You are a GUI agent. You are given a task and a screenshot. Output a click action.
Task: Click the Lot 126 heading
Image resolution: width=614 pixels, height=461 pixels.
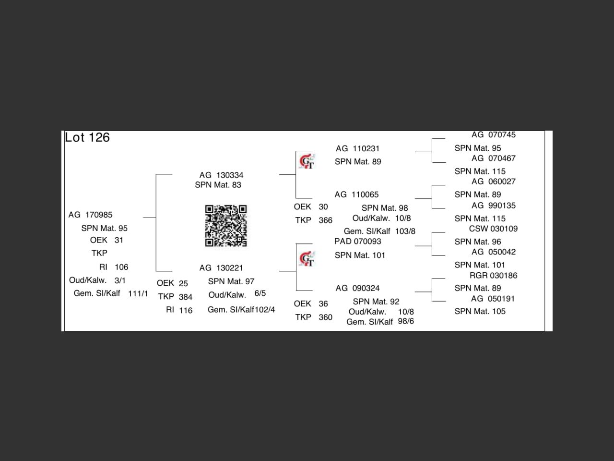pyautogui.click(x=87, y=137)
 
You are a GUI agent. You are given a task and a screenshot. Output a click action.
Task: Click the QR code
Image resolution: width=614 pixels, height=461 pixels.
pyautogui.click(x=226, y=226)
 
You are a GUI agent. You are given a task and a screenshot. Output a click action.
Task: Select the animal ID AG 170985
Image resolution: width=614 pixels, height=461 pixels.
pyautogui.click(x=91, y=215)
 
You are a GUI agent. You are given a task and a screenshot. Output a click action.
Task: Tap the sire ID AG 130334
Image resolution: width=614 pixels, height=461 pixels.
pyautogui.click(x=221, y=175)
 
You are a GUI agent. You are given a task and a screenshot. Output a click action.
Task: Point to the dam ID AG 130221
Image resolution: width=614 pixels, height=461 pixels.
pyautogui.click(x=221, y=268)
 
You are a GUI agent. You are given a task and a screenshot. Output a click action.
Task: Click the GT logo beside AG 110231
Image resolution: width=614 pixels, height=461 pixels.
pyautogui.click(x=307, y=161)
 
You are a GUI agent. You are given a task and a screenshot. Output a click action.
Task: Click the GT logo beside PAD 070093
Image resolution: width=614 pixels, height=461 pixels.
pyautogui.click(x=307, y=259)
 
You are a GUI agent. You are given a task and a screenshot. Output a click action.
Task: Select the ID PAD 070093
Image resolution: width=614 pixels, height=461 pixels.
pyautogui.click(x=358, y=241)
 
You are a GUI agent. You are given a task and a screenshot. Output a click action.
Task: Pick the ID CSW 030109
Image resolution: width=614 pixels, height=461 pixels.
pyautogui.click(x=493, y=229)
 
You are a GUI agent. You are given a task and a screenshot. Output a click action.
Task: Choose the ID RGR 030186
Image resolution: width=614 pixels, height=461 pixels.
pyautogui.click(x=493, y=276)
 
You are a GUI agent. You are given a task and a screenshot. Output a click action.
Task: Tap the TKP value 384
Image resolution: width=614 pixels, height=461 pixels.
pyautogui.click(x=186, y=297)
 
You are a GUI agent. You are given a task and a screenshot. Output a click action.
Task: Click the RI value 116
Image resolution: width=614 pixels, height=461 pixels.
pyautogui.click(x=186, y=310)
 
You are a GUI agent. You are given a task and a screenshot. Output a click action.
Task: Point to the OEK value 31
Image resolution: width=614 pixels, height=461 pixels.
pyautogui.click(x=119, y=240)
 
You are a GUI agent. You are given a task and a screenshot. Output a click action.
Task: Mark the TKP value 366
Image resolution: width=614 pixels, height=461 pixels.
pyautogui.click(x=325, y=220)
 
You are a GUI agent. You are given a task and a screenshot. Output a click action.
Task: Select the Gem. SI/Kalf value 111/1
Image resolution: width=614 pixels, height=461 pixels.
pyautogui.click(x=138, y=293)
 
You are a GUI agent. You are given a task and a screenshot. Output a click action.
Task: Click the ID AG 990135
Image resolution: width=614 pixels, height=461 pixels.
pyautogui.click(x=493, y=206)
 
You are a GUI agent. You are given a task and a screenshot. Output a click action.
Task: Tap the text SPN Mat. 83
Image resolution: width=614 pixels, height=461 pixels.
pyautogui.click(x=218, y=185)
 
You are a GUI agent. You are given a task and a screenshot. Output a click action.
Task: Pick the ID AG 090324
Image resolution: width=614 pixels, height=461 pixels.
pyautogui.click(x=358, y=288)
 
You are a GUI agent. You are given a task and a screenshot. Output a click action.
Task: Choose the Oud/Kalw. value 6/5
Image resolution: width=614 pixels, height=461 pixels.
pyautogui.click(x=260, y=293)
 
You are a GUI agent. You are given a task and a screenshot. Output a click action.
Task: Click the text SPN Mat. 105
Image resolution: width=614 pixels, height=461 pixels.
pyautogui.click(x=480, y=311)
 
